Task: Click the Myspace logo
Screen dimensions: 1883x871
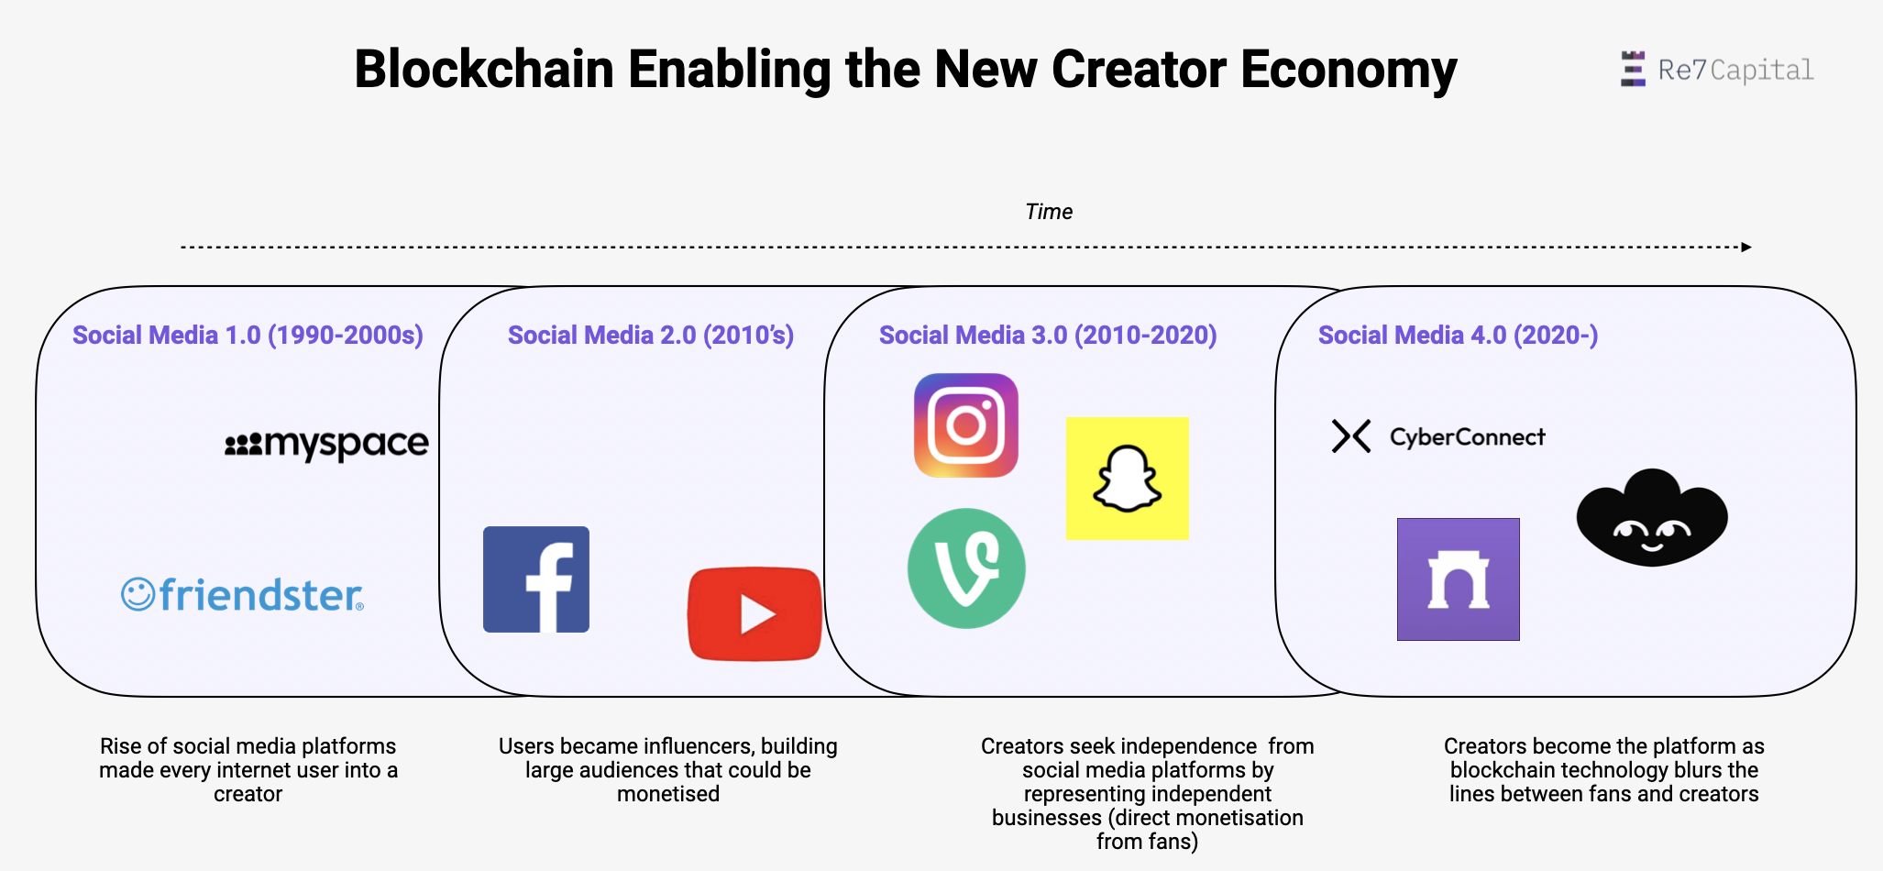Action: (x=326, y=445)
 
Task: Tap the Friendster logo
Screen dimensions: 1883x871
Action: (x=243, y=595)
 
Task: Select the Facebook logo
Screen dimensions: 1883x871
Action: (x=536, y=579)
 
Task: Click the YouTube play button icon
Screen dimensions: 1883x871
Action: (x=754, y=613)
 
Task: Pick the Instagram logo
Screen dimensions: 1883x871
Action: (x=966, y=425)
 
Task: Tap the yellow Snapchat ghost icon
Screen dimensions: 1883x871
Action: (x=1128, y=479)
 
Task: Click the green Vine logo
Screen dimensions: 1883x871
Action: (x=966, y=568)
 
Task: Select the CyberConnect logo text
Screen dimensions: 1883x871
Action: (x=1468, y=437)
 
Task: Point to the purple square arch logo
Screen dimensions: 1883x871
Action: (x=1459, y=579)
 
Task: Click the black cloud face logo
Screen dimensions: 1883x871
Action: (x=1652, y=518)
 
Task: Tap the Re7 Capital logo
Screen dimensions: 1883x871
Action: (x=1717, y=70)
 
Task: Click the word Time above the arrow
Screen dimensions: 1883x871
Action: (x=1049, y=212)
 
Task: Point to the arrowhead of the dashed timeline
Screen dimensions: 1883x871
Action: (x=1746, y=247)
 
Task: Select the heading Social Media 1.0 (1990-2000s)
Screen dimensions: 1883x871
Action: (x=248, y=336)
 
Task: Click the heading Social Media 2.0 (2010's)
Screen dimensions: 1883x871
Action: (x=651, y=336)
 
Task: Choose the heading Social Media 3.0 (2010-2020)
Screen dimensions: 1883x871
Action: (x=1048, y=336)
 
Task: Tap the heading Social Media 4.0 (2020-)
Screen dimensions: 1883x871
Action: (x=1458, y=336)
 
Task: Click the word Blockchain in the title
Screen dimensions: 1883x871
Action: (x=484, y=70)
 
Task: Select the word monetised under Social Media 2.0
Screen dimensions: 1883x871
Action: (x=668, y=794)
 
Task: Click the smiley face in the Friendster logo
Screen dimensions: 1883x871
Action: (x=138, y=594)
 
